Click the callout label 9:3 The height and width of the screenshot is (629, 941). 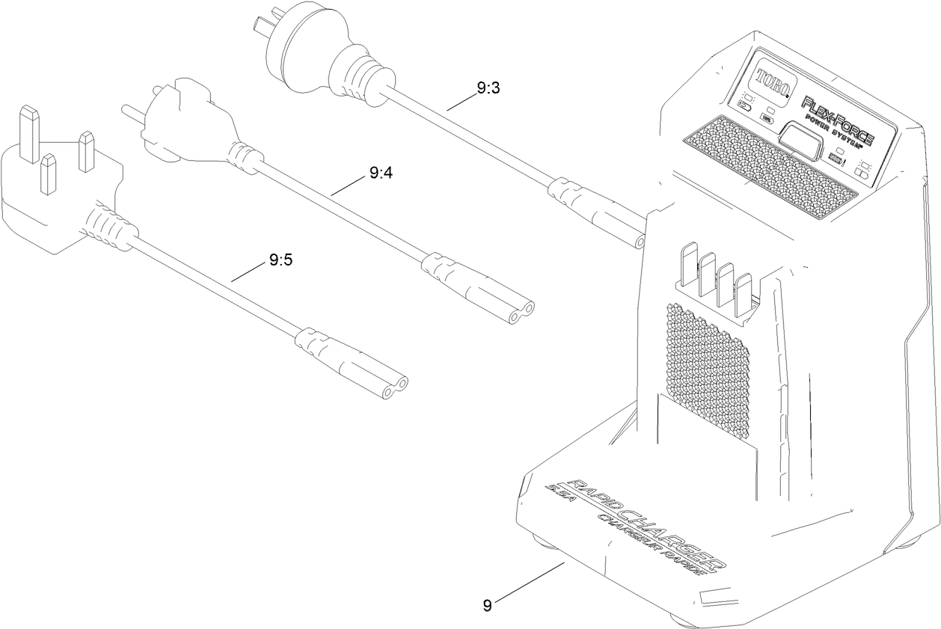[488, 88]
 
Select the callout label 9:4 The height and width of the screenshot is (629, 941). [380, 174]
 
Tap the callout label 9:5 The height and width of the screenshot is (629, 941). [280, 261]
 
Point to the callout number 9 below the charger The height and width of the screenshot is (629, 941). [487, 605]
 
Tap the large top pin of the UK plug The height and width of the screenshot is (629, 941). [29, 134]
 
